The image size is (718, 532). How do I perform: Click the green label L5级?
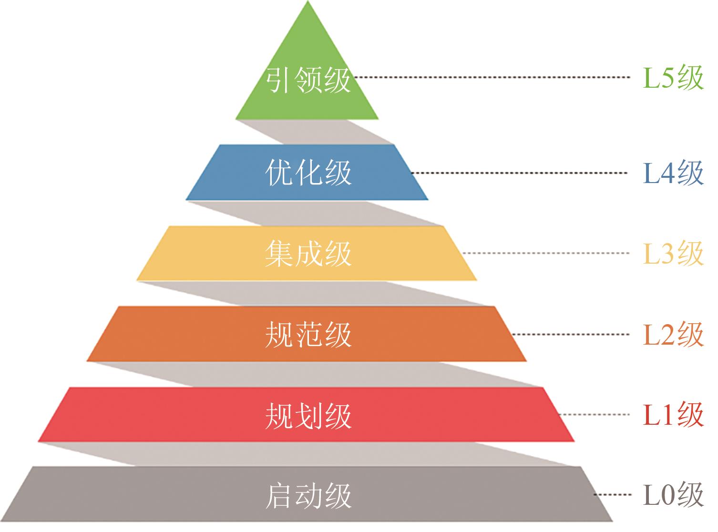(x=673, y=77)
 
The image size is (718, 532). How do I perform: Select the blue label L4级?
(x=673, y=173)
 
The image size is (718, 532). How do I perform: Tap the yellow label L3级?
(x=673, y=253)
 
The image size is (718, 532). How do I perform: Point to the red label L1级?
(x=673, y=414)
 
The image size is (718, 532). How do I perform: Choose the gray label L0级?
(x=673, y=495)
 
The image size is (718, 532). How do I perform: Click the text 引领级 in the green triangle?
(x=308, y=79)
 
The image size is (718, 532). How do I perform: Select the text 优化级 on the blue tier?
(x=308, y=173)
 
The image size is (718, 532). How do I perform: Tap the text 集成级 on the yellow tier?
(x=308, y=253)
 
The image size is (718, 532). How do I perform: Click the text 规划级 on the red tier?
(x=308, y=415)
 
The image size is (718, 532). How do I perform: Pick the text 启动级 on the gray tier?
(x=308, y=496)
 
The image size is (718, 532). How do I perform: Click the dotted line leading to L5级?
(x=491, y=77)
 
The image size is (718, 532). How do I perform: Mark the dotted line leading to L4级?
(x=520, y=173)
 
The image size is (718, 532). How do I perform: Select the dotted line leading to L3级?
(x=546, y=253)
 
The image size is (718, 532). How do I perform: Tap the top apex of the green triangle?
(x=308, y=3)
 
